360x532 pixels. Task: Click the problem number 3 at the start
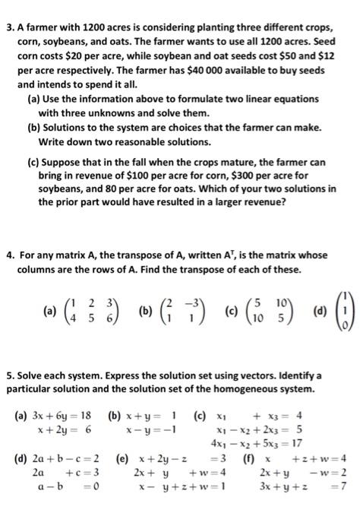8,10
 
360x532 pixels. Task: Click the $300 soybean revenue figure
241,177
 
